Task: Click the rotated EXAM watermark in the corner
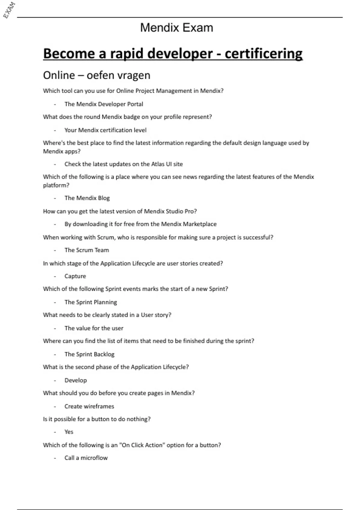[x=9, y=10]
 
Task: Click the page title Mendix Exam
[x=176, y=28]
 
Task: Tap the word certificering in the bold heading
[x=263, y=54]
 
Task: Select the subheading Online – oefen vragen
[x=97, y=75]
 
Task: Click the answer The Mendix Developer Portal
[x=103, y=104]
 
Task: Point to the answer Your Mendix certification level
[x=105, y=130]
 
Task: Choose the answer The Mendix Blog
[x=87, y=198]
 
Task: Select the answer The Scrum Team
[x=87, y=250]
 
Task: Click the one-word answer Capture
[x=75, y=276]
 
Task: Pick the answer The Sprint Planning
[x=91, y=302]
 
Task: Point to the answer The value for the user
[x=94, y=328]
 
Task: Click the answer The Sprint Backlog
[x=89, y=354]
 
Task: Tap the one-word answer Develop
[x=76, y=380]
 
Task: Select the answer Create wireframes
[x=89, y=406]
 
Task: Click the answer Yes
[x=69, y=432]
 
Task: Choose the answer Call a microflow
[x=86, y=458]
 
